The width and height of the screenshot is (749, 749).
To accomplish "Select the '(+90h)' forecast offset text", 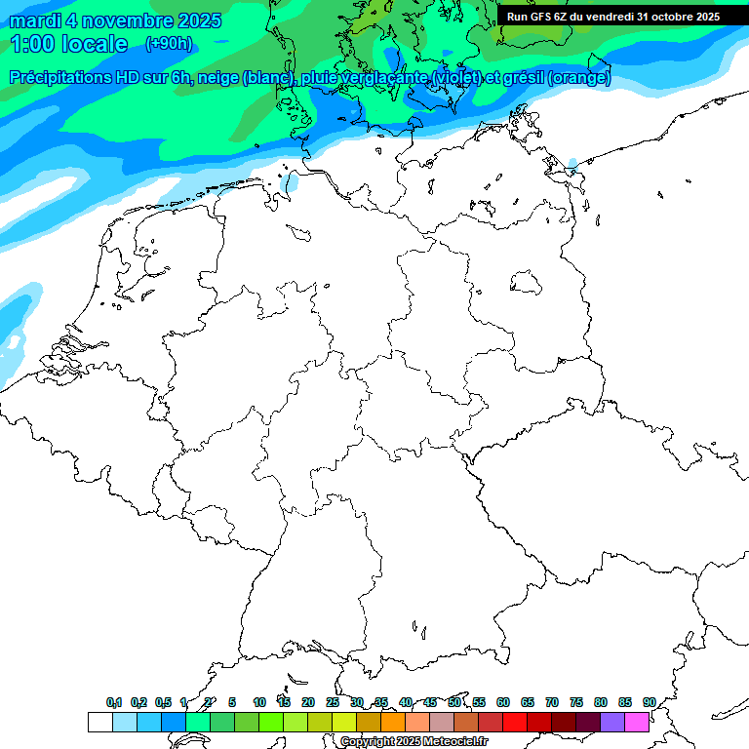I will pyautogui.click(x=169, y=43).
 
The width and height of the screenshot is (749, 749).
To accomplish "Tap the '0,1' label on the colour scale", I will pyautogui.click(x=114, y=702).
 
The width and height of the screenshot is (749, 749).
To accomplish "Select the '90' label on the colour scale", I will pyautogui.click(x=650, y=702).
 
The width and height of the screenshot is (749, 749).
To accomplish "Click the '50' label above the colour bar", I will pyautogui.click(x=454, y=702).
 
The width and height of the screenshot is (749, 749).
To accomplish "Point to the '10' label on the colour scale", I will pyautogui.click(x=259, y=702).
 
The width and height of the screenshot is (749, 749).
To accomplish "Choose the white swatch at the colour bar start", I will pyautogui.click(x=99, y=722).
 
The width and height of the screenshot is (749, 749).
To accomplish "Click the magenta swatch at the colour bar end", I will pyautogui.click(x=637, y=722).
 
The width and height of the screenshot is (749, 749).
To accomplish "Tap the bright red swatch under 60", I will pyautogui.click(x=515, y=722).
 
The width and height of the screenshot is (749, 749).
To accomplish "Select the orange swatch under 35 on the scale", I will pyautogui.click(x=393, y=722).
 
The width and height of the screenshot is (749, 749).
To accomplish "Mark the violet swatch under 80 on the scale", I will pyautogui.click(x=612, y=722).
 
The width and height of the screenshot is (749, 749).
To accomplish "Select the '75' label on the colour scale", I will pyautogui.click(x=576, y=702).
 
